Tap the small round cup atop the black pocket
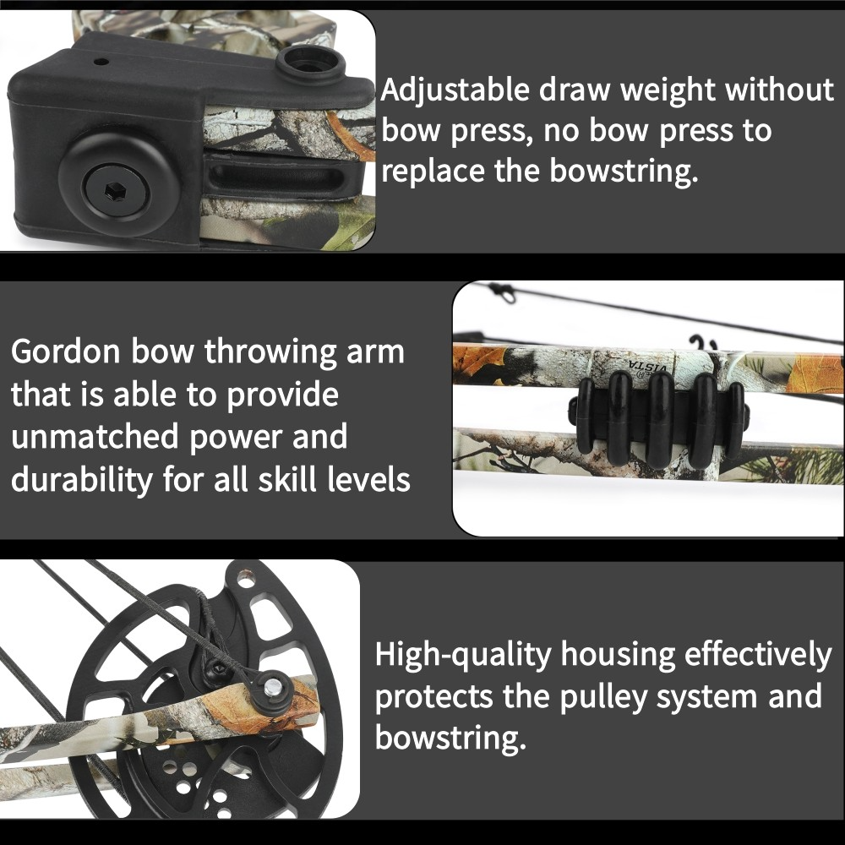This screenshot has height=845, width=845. [x=307, y=63]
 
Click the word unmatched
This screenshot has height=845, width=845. [x=95, y=438]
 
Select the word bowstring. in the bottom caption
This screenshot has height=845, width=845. [x=450, y=738]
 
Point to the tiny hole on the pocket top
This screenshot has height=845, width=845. [x=101, y=62]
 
